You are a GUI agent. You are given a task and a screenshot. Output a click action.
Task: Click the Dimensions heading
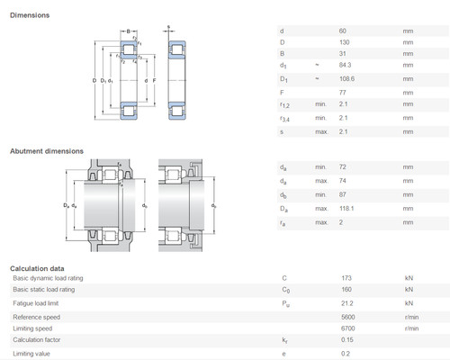point(30,15)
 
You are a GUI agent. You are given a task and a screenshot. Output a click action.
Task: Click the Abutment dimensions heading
point(46,151)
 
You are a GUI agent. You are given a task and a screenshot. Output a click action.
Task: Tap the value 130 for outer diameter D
point(342,41)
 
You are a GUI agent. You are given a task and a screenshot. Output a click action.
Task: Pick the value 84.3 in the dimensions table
point(344,65)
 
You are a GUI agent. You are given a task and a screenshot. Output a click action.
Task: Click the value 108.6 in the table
point(346,80)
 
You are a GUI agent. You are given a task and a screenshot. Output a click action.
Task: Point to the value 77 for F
point(341,93)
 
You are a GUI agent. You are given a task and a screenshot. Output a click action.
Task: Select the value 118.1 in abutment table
point(346,209)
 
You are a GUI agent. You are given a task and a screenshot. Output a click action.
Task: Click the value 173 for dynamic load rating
point(346,278)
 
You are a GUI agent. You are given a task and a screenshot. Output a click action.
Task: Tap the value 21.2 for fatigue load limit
point(346,303)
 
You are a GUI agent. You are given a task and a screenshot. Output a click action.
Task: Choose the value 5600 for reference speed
point(346,316)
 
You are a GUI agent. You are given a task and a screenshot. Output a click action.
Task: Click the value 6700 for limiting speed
point(346,328)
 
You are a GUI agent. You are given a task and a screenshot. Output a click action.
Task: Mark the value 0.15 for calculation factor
point(346,340)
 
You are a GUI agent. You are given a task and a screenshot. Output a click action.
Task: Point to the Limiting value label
point(31,353)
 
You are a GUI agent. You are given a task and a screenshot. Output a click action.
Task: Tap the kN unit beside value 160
point(409,290)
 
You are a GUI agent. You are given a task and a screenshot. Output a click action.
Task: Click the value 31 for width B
point(341,53)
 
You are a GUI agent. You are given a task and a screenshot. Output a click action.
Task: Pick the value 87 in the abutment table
point(341,195)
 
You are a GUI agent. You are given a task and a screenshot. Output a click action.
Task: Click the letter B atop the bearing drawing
point(129,31)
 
